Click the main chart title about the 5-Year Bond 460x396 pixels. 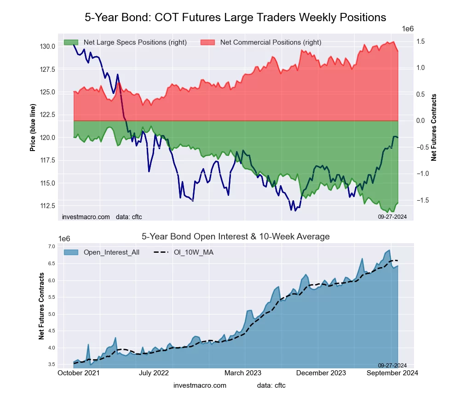pyautogui.click(x=235, y=17)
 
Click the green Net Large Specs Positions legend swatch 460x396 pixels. pyautogui.click(x=70, y=42)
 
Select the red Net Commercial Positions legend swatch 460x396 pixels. pyautogui.click(x=207, y=42)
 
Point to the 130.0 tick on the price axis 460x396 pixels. pyautogui.click(x=48, y=47)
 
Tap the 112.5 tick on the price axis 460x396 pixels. pyautogui.click(x=48, y=205)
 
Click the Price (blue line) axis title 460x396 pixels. pyautogui.click(x=33, y=128)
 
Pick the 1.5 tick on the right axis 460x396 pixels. pyautogui.click(x=420, y=41)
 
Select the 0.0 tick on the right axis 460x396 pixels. pyautogui.click(x=420, y=121)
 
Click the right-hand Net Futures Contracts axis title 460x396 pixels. pyautogui.click(x=434, y=128)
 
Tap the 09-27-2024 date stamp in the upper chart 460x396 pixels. pyautogui.click(x=389, y=216)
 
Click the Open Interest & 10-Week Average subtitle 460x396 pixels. pyautogui.click(x=235, y=237)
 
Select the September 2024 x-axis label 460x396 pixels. pyautogui.click(x=392, y=373)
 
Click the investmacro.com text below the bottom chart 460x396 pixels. pyautogui.click(x=200, y=385)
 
